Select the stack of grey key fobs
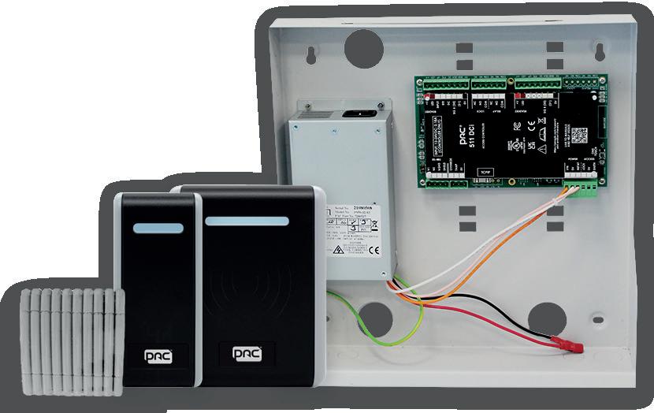click(x=72, y=343)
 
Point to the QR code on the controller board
click(x=580, y=134)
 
